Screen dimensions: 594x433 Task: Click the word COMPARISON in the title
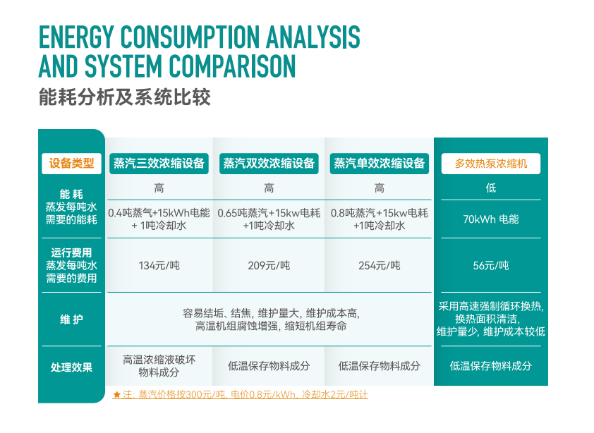[x=232, y=66]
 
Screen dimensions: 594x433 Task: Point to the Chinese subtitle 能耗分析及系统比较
[x=125, y=97]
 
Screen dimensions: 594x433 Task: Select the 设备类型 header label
[x=71, y=164]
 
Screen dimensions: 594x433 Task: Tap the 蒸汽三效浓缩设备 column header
[x=159, y=164]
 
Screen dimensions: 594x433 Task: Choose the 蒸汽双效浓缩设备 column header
[x=269, y=164]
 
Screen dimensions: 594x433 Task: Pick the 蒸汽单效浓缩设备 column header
[x=380, y=164]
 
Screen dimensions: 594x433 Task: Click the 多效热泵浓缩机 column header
[x=491, y=164]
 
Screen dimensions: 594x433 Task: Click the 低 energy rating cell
[x=491, y=188]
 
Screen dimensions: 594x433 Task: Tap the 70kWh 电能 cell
[x=491, y=219]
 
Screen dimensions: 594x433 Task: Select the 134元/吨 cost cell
[x=159, y=266]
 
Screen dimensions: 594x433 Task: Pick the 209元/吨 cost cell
[x=269, y=266]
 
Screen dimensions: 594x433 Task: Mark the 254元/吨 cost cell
[x=380, y=266]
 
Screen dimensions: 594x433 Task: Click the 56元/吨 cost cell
[x=491, y=266]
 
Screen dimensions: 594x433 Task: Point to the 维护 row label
[x=71, y=319]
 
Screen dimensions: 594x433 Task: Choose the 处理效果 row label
[x=71, y=367]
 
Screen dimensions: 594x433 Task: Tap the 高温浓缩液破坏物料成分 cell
[x=159, y=366]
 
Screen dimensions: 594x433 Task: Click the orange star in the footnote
[x=116, y=395]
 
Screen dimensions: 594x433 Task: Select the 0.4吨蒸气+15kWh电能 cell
[x=159, y=219]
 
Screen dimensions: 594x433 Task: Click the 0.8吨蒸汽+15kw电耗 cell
[x=380, y=219]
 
